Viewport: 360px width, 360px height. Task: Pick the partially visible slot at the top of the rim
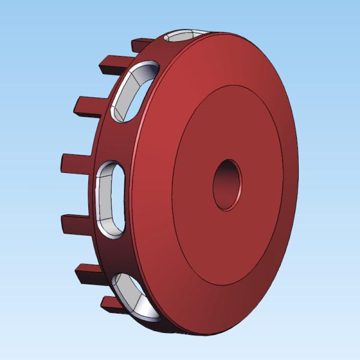183,37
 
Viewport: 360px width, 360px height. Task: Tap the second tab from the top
110,62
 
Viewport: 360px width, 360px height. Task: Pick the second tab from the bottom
86,272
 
